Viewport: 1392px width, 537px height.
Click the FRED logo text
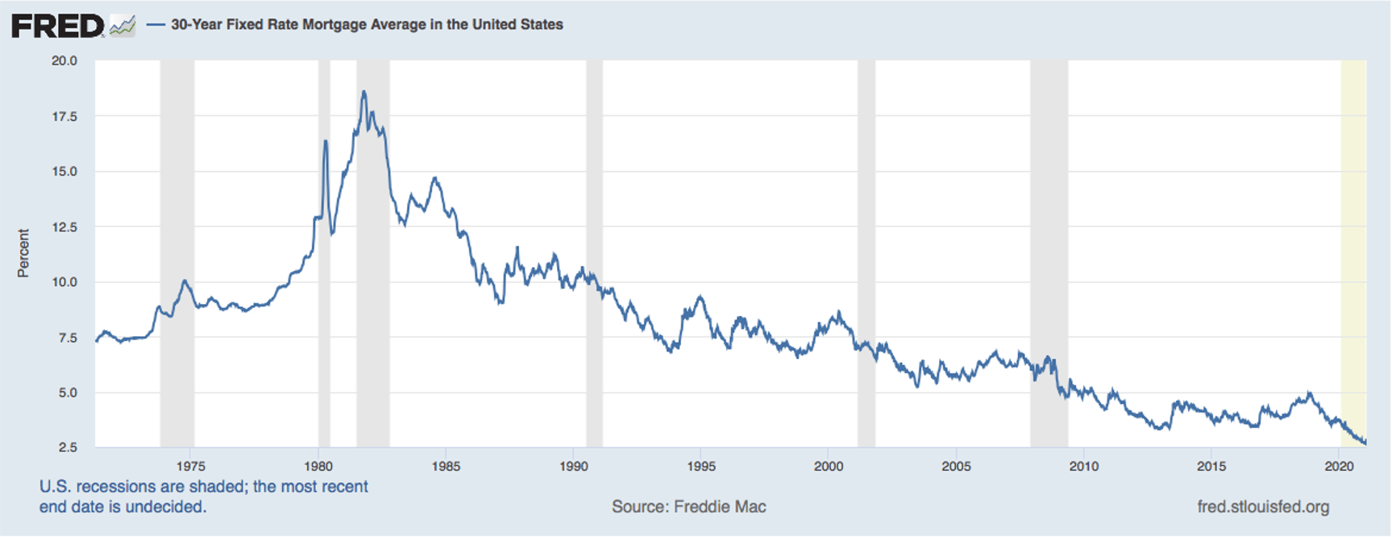click(57, 26)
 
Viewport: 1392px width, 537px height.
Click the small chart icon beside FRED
click(123, 26)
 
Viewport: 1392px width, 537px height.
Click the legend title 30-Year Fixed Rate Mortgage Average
click(366, 25)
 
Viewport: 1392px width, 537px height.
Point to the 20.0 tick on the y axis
click(64, 61)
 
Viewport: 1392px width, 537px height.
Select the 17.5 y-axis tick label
click(64, 117)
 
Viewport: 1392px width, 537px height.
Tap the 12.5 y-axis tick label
click(64, 227)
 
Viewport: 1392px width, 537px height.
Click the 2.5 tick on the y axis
click(67, 447)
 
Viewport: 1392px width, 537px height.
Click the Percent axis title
click(23, 253)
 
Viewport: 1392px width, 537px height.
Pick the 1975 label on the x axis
click(191, 467)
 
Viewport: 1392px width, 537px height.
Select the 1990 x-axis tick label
click(574, 467)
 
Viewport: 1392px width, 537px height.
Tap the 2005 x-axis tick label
click(956, 467)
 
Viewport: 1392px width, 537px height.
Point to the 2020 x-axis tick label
click(1339, 467)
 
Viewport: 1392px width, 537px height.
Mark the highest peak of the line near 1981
click(364, 92)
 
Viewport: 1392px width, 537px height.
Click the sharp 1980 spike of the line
click(326, 142)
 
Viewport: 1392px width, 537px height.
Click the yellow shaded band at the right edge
click(1353, 242)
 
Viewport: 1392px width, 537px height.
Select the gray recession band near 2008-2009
click(1049, 242)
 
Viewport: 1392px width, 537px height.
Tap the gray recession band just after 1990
click(594, 242)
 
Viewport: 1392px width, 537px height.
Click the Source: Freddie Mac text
click(688, 507)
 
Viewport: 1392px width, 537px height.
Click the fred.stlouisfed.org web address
click(1263, 507)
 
